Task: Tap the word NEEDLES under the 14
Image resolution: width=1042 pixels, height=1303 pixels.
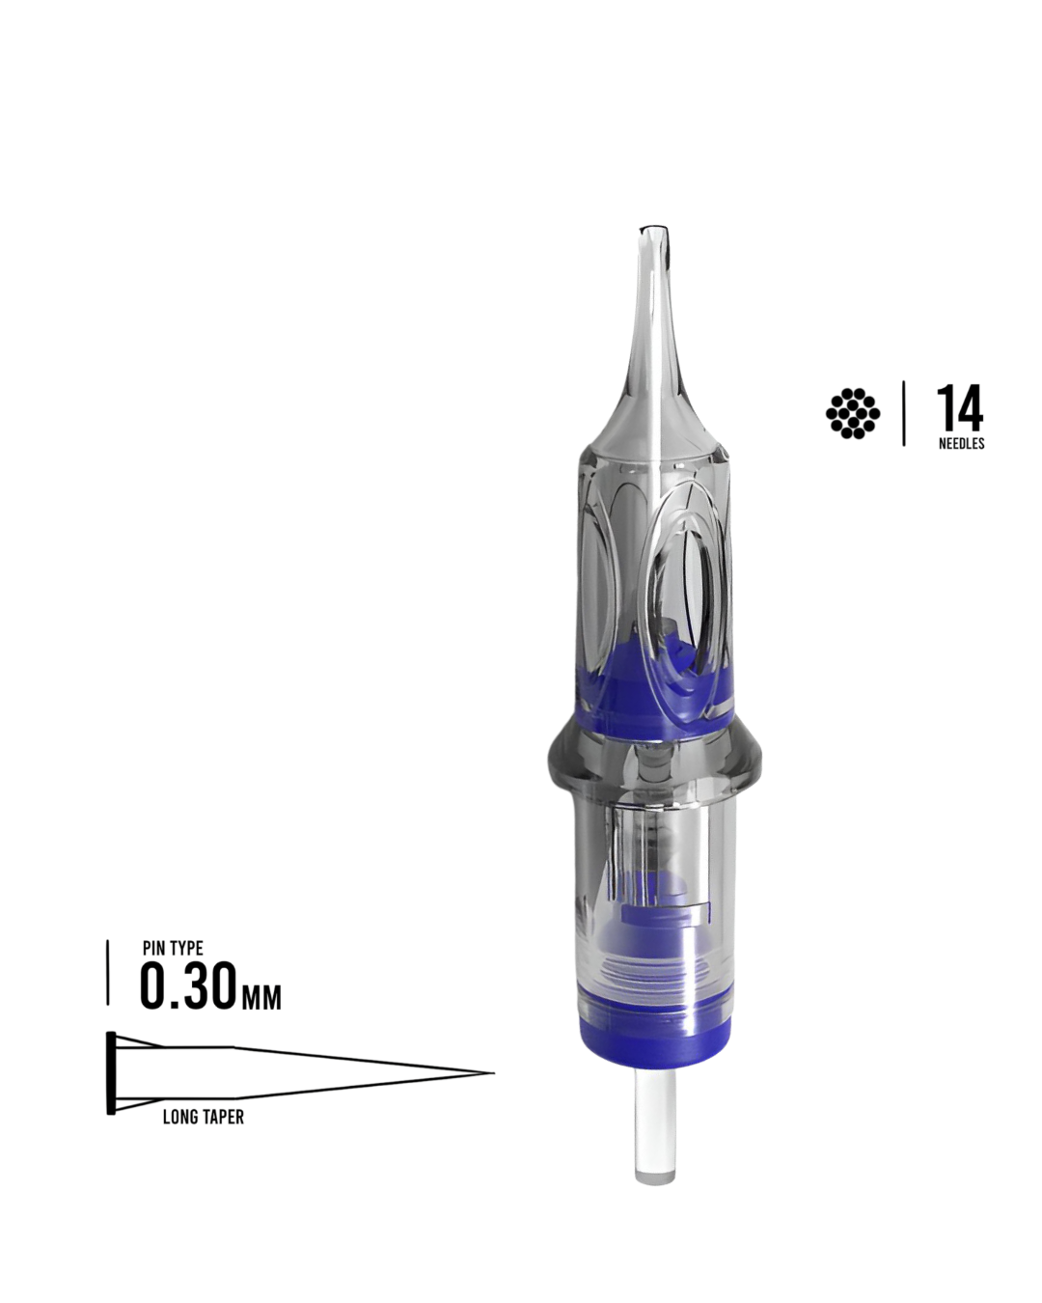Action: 961,443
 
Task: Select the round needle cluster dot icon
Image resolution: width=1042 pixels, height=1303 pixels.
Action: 853,413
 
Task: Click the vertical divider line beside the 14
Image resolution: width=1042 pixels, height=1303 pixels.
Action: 903,413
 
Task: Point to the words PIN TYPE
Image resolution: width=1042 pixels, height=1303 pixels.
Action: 173,948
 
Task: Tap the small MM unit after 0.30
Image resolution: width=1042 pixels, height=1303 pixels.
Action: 261,997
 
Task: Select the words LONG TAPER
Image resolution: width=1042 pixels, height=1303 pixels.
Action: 203,1117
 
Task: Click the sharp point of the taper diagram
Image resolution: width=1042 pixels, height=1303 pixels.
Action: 494,1073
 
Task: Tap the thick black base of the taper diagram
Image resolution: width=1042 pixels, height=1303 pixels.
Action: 111,1073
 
